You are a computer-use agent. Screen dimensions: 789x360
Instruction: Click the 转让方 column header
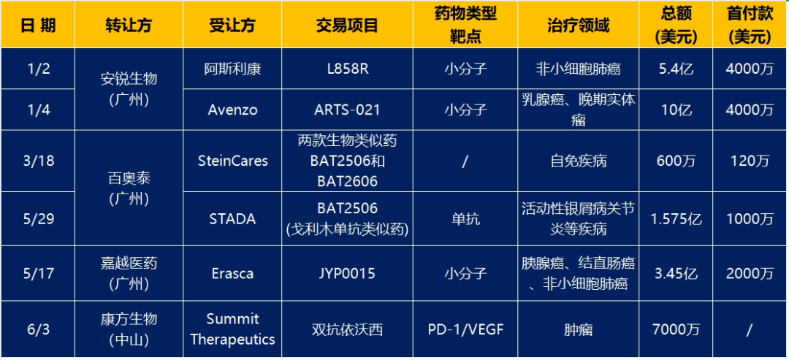[x=129, y=26]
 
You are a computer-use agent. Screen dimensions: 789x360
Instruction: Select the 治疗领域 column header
[x=578, y=26]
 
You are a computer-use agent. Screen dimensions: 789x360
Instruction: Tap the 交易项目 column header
[x=347, y=26]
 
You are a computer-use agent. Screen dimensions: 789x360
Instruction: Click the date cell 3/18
[x=38, y=161]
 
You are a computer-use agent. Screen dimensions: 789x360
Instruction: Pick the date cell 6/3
[x=38, y=329]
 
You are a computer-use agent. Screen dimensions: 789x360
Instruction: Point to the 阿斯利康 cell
[x=233, y=69]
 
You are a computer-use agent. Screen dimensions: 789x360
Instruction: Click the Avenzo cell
[x=233, y=110]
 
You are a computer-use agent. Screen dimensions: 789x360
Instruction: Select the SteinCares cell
[x=233, y=161]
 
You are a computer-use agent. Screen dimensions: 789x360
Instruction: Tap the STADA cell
[x=233, y=219]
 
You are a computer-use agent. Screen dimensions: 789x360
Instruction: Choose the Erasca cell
[x=233, y=274]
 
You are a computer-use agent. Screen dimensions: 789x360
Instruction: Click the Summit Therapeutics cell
[x=233, y=329]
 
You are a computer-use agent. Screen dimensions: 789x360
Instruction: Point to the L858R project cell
[x=347, y=69]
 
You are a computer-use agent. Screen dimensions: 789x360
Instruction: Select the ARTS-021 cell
[x=347, y=110]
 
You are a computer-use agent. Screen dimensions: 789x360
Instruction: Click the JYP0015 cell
[x=347, y=274]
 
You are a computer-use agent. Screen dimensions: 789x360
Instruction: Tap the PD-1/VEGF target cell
[x=465, y=329]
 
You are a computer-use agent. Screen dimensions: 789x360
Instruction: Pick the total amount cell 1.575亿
[x=676, y=219]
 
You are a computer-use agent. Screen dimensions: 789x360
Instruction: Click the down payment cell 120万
[x=750, y=161]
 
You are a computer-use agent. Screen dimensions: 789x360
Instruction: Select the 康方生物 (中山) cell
[x=129, y=329]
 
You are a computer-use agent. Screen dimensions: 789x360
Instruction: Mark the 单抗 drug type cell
[x=465, y=219]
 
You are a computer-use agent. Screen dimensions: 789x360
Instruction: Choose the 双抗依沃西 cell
[x=347, y=329]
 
